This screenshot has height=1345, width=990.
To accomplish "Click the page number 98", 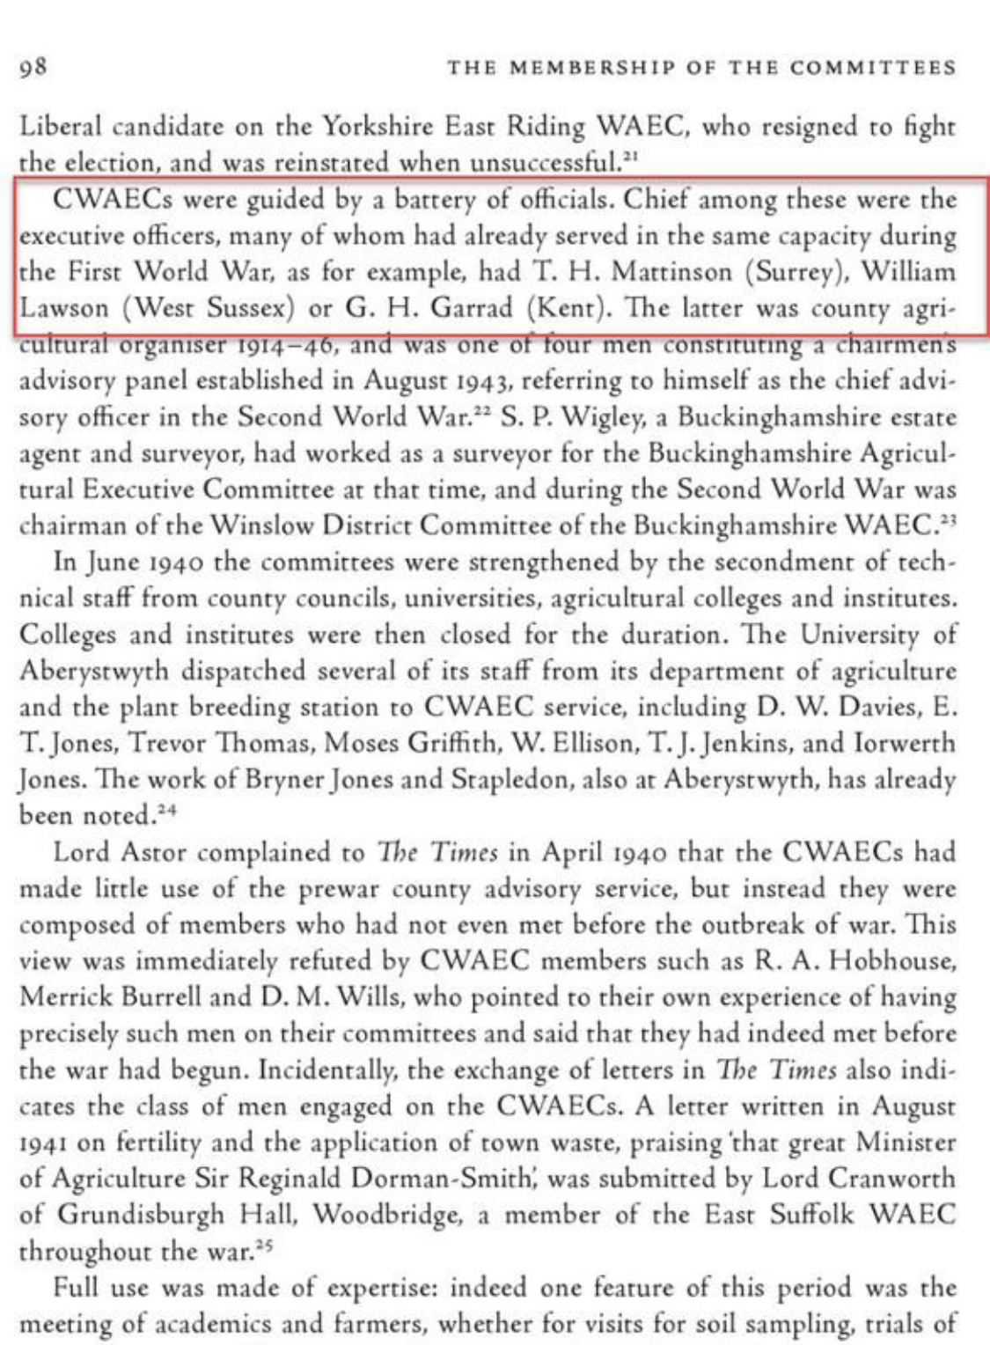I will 33,67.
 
